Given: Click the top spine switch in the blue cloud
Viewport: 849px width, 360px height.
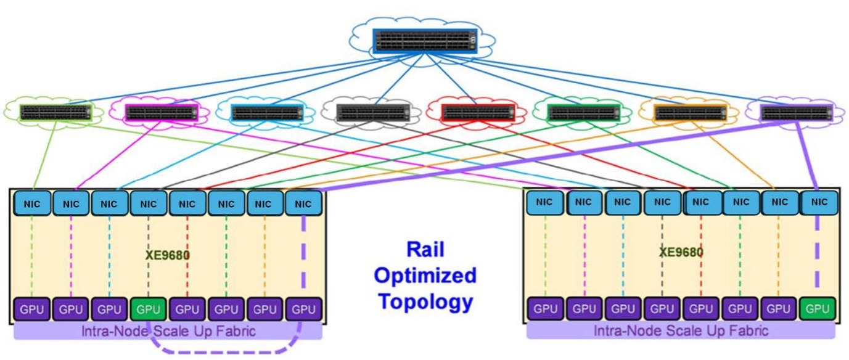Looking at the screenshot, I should (424, 41).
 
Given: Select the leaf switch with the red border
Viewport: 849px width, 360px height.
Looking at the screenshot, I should (478, 112).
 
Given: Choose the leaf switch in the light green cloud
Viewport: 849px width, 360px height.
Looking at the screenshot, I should (55, 112).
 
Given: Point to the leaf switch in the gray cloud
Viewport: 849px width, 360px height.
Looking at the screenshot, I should (373, 112).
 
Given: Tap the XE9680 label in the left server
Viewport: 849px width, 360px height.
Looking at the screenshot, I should (166, 254).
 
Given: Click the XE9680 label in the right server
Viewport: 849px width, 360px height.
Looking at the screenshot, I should (681, 252).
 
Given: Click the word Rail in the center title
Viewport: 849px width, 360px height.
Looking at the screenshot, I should (425, 250).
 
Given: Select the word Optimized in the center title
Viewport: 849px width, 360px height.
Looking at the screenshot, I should (425, 276).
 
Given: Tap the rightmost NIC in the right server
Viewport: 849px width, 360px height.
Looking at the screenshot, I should (819, 202).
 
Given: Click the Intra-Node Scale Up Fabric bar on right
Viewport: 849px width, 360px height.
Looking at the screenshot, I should (681, 331).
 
